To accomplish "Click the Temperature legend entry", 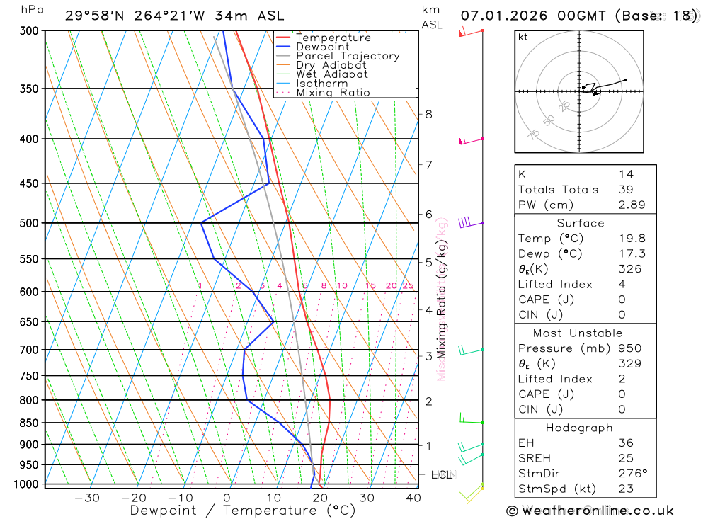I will click(x=333, y=38).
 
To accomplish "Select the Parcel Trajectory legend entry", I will click(x=348, y=56).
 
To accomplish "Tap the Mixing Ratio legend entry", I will click(x=333, y=93).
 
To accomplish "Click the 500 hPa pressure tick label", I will click(x=29, y=223).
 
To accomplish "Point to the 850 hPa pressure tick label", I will click(x=29, y=423).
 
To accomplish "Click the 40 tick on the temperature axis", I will click(x=413, y=498).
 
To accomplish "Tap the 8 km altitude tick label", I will click(x=428, y=114).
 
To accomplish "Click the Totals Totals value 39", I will click(x=625, y=189).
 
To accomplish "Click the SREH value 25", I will click(x=625, y=458).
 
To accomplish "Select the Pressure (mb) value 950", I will click(x=629, y=348).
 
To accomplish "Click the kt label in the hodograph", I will click(x=523, y=37).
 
